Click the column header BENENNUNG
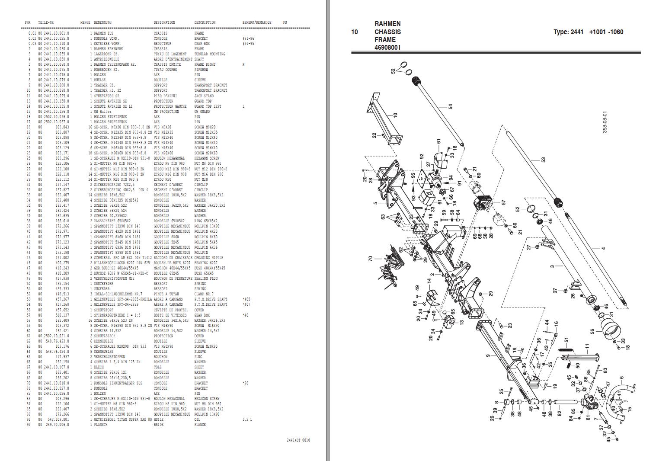102,22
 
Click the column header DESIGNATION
164,22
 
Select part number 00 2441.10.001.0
54,33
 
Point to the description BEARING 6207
206,263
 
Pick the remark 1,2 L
247,419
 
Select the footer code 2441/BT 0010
298,440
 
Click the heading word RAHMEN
387,24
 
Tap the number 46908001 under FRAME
387,48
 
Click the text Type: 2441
568,32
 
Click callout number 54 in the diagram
451,106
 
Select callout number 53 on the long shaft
543,159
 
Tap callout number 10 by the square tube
395,115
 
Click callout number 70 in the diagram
370,259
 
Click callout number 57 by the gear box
503,202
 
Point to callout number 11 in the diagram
587,346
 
